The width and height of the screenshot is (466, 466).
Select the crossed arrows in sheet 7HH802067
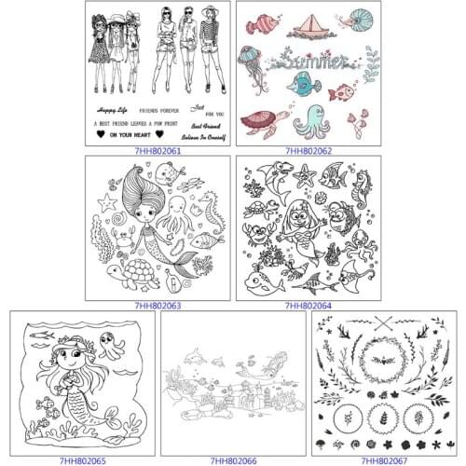click(x=384, y=322)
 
